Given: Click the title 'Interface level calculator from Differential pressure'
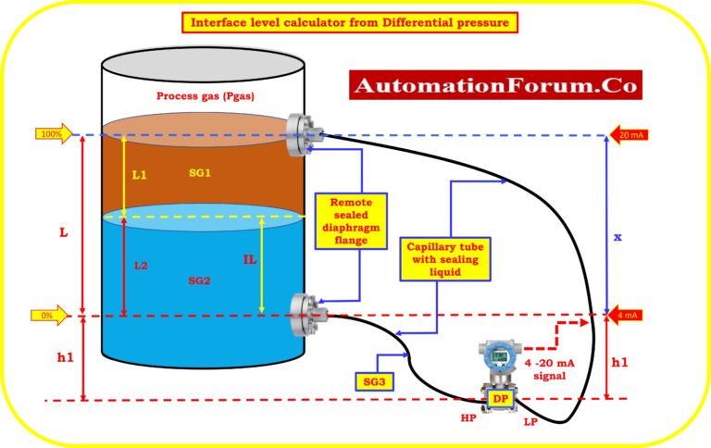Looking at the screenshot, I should tap(355, 21).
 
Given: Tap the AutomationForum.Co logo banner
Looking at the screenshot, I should tap(495, 85).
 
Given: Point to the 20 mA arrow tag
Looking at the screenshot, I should tap(626, 135).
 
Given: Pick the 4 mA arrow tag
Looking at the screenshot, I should tap(626, 316).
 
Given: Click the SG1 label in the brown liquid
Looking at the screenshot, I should tap(199, 173).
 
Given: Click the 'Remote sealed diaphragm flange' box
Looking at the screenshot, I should tap(351, 220).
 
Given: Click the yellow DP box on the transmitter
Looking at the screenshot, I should tap(500, 398).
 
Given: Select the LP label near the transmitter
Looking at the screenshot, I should tap(530, 422).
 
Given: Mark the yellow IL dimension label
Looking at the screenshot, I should tap(249, 260).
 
